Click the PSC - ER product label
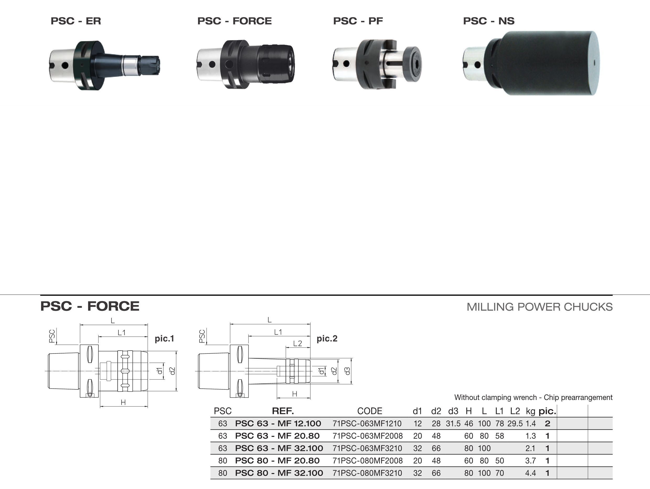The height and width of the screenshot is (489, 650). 76,21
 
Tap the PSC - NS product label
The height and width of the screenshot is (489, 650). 489,21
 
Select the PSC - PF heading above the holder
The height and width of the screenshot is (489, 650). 358,21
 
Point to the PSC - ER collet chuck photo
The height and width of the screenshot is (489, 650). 104,65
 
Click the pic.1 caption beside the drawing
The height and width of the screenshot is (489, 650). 165,339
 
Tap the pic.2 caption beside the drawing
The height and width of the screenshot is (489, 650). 327,339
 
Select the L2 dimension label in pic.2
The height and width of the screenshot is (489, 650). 298,343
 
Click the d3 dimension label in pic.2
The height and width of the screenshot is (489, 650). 347,371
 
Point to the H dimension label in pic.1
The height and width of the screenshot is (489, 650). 123,402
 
